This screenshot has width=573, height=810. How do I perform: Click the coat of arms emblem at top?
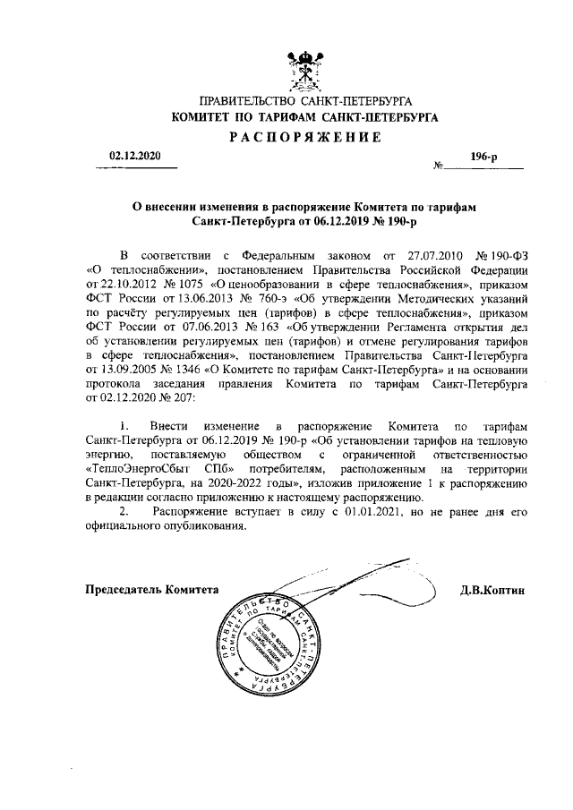point(305,71)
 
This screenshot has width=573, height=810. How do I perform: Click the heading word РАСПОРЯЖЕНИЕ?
point(305,136)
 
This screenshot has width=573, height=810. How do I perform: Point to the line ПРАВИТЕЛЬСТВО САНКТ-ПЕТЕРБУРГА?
point(305,101)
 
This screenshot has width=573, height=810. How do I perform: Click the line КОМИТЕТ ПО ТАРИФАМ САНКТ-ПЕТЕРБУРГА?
point(305,117)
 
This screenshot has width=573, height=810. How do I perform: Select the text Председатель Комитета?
point(151,590)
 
